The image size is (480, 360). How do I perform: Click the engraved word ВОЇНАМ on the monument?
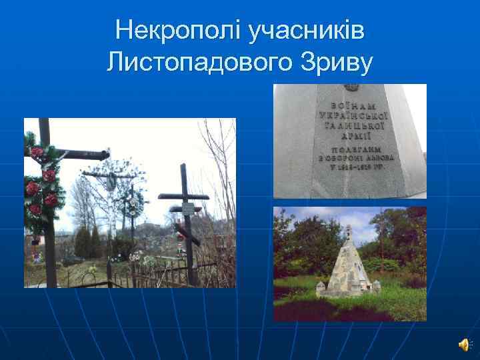point(352,105)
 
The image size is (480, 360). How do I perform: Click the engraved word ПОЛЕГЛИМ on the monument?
point(352,149)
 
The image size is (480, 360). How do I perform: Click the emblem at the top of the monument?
point(351,88)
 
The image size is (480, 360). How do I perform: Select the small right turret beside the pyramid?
point(377,287)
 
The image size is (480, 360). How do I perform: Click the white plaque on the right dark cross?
point(188,209)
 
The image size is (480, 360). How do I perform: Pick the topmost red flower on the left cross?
point(36,152)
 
